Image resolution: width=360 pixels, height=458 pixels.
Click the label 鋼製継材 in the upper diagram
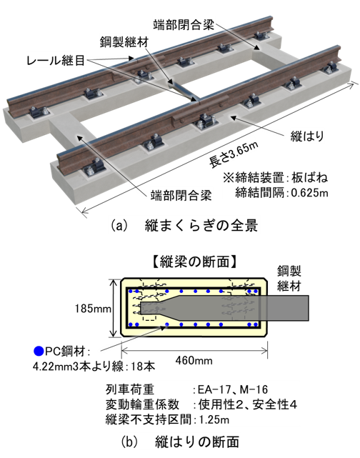(x=124, y=42)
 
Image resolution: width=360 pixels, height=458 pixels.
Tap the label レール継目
(x=56, y=61)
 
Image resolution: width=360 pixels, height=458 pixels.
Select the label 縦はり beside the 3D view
(x=307, y=136)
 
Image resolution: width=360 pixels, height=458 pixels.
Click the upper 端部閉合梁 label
(x=184, y=25)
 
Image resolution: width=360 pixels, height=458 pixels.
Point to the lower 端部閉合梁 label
(x=181, y=195)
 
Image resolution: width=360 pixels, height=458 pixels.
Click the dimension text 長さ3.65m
(x=234, y=155)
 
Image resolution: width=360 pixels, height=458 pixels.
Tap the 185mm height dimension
(x=93, y=309)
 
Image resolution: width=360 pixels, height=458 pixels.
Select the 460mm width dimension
(x=194, y=360)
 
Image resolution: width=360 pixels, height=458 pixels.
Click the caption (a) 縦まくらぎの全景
(x=184, y=226)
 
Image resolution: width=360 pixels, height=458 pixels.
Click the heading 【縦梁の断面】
(x=194, y=262)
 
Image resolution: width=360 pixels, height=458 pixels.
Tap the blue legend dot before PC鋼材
(x=39, y=351)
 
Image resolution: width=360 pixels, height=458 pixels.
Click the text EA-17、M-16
(x=233, y=389)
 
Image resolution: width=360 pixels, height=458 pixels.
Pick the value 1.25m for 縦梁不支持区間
(x=214, y=420)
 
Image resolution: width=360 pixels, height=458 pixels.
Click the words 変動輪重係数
(x=142, y=405)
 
